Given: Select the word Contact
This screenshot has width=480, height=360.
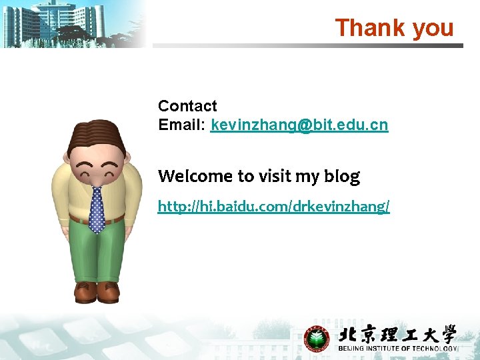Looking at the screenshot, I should (x=187, y=106).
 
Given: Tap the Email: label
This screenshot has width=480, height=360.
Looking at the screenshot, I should (x=182, y=125).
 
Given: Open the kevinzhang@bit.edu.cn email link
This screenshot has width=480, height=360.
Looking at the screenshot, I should (x=299, y=125).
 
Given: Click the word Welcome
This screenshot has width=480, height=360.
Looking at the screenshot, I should (x=195, y=176).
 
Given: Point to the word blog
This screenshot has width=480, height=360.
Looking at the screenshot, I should (x=342, y=177).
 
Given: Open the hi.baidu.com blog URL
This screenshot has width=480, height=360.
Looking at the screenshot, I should (x=273, y=207).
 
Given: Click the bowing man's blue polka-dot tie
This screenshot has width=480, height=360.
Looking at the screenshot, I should (x=97, y=209).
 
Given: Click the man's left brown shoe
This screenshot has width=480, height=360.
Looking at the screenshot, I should (x=85, y=291).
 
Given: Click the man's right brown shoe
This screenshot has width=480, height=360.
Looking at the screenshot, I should (x=108, y=291).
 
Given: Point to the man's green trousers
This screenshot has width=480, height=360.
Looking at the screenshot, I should (x=97, y=253).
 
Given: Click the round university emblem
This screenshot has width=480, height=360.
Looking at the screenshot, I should (x=317, y=339).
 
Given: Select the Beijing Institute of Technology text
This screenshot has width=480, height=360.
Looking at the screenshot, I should (x=398, y=349).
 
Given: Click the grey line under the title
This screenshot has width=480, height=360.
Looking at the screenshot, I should (x=307, y=46).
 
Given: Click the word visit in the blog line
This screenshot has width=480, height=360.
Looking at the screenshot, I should (x=274, y=176).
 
